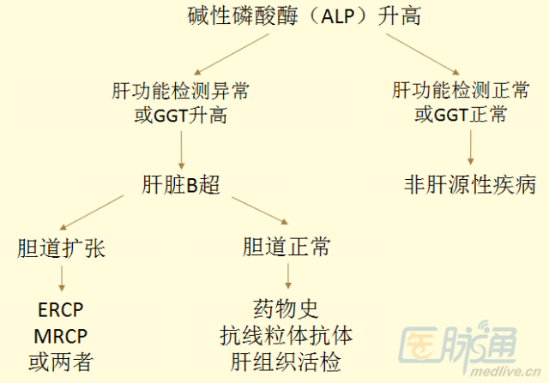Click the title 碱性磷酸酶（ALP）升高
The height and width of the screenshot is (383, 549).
coord(305,16)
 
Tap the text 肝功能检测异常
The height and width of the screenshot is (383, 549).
coord(180,92)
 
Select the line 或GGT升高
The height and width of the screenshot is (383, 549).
coord(181,115)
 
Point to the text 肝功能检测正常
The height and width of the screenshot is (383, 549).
coord(461,90)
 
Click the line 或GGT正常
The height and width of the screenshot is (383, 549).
coord(461,114)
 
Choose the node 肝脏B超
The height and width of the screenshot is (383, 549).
coord(181,184)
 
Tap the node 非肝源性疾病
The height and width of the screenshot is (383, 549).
coord(470,184)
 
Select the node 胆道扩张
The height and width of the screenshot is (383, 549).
coord(61,248)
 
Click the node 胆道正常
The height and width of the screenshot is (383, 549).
coord(287,247)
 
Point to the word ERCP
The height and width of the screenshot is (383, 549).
coord(61,310)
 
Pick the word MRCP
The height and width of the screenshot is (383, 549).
coord(61,336)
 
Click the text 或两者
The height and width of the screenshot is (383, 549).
coord(61,362)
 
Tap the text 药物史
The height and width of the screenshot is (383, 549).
coord(286,309)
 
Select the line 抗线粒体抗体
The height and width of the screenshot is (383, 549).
coord(286,336)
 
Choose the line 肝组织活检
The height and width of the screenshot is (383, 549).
coord(286,362)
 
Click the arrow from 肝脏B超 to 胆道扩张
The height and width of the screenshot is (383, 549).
coord(92,212)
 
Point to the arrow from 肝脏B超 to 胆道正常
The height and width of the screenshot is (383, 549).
coord(260,211)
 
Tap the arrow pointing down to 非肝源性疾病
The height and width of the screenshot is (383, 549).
coord(471,147)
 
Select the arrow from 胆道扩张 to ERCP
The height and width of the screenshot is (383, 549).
coord(62,278)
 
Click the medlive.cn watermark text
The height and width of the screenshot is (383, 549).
coord(505,371)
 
